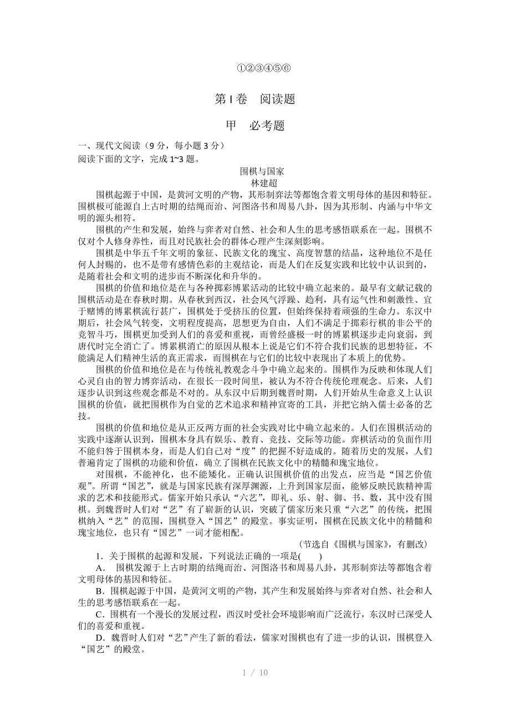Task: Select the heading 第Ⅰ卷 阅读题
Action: click(255, 100)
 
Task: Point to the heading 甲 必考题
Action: click(255, 126)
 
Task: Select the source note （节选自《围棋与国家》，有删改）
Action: click(363, 544)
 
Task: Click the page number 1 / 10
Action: click(255, 673)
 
